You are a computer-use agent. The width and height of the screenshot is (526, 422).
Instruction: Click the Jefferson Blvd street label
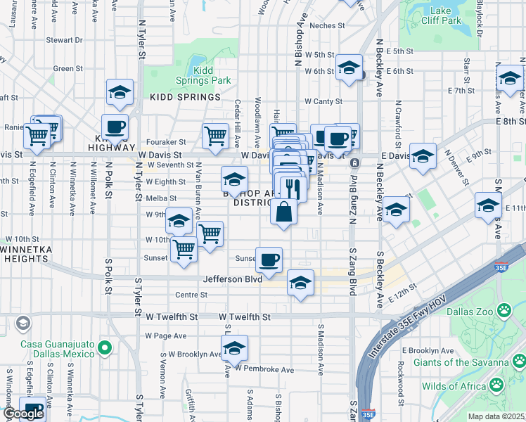coord(232,279)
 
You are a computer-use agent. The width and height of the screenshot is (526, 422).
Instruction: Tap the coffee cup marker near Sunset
coord(269,260)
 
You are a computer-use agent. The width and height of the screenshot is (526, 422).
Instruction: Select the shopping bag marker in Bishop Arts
coord(283,212)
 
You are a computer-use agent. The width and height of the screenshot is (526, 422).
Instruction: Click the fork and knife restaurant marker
coord(293,188)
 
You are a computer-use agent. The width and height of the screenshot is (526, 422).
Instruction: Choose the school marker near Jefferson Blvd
coord(300,283)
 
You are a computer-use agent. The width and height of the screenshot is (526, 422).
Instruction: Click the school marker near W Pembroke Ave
coord(234,347)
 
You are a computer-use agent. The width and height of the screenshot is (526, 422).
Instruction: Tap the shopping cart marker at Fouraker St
coord(215,135)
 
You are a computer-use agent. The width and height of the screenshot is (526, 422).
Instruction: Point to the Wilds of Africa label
coord(453,385)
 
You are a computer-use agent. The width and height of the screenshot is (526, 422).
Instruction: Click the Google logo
coord(23,414)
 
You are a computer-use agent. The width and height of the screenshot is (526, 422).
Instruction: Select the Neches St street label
coord(327,25)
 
